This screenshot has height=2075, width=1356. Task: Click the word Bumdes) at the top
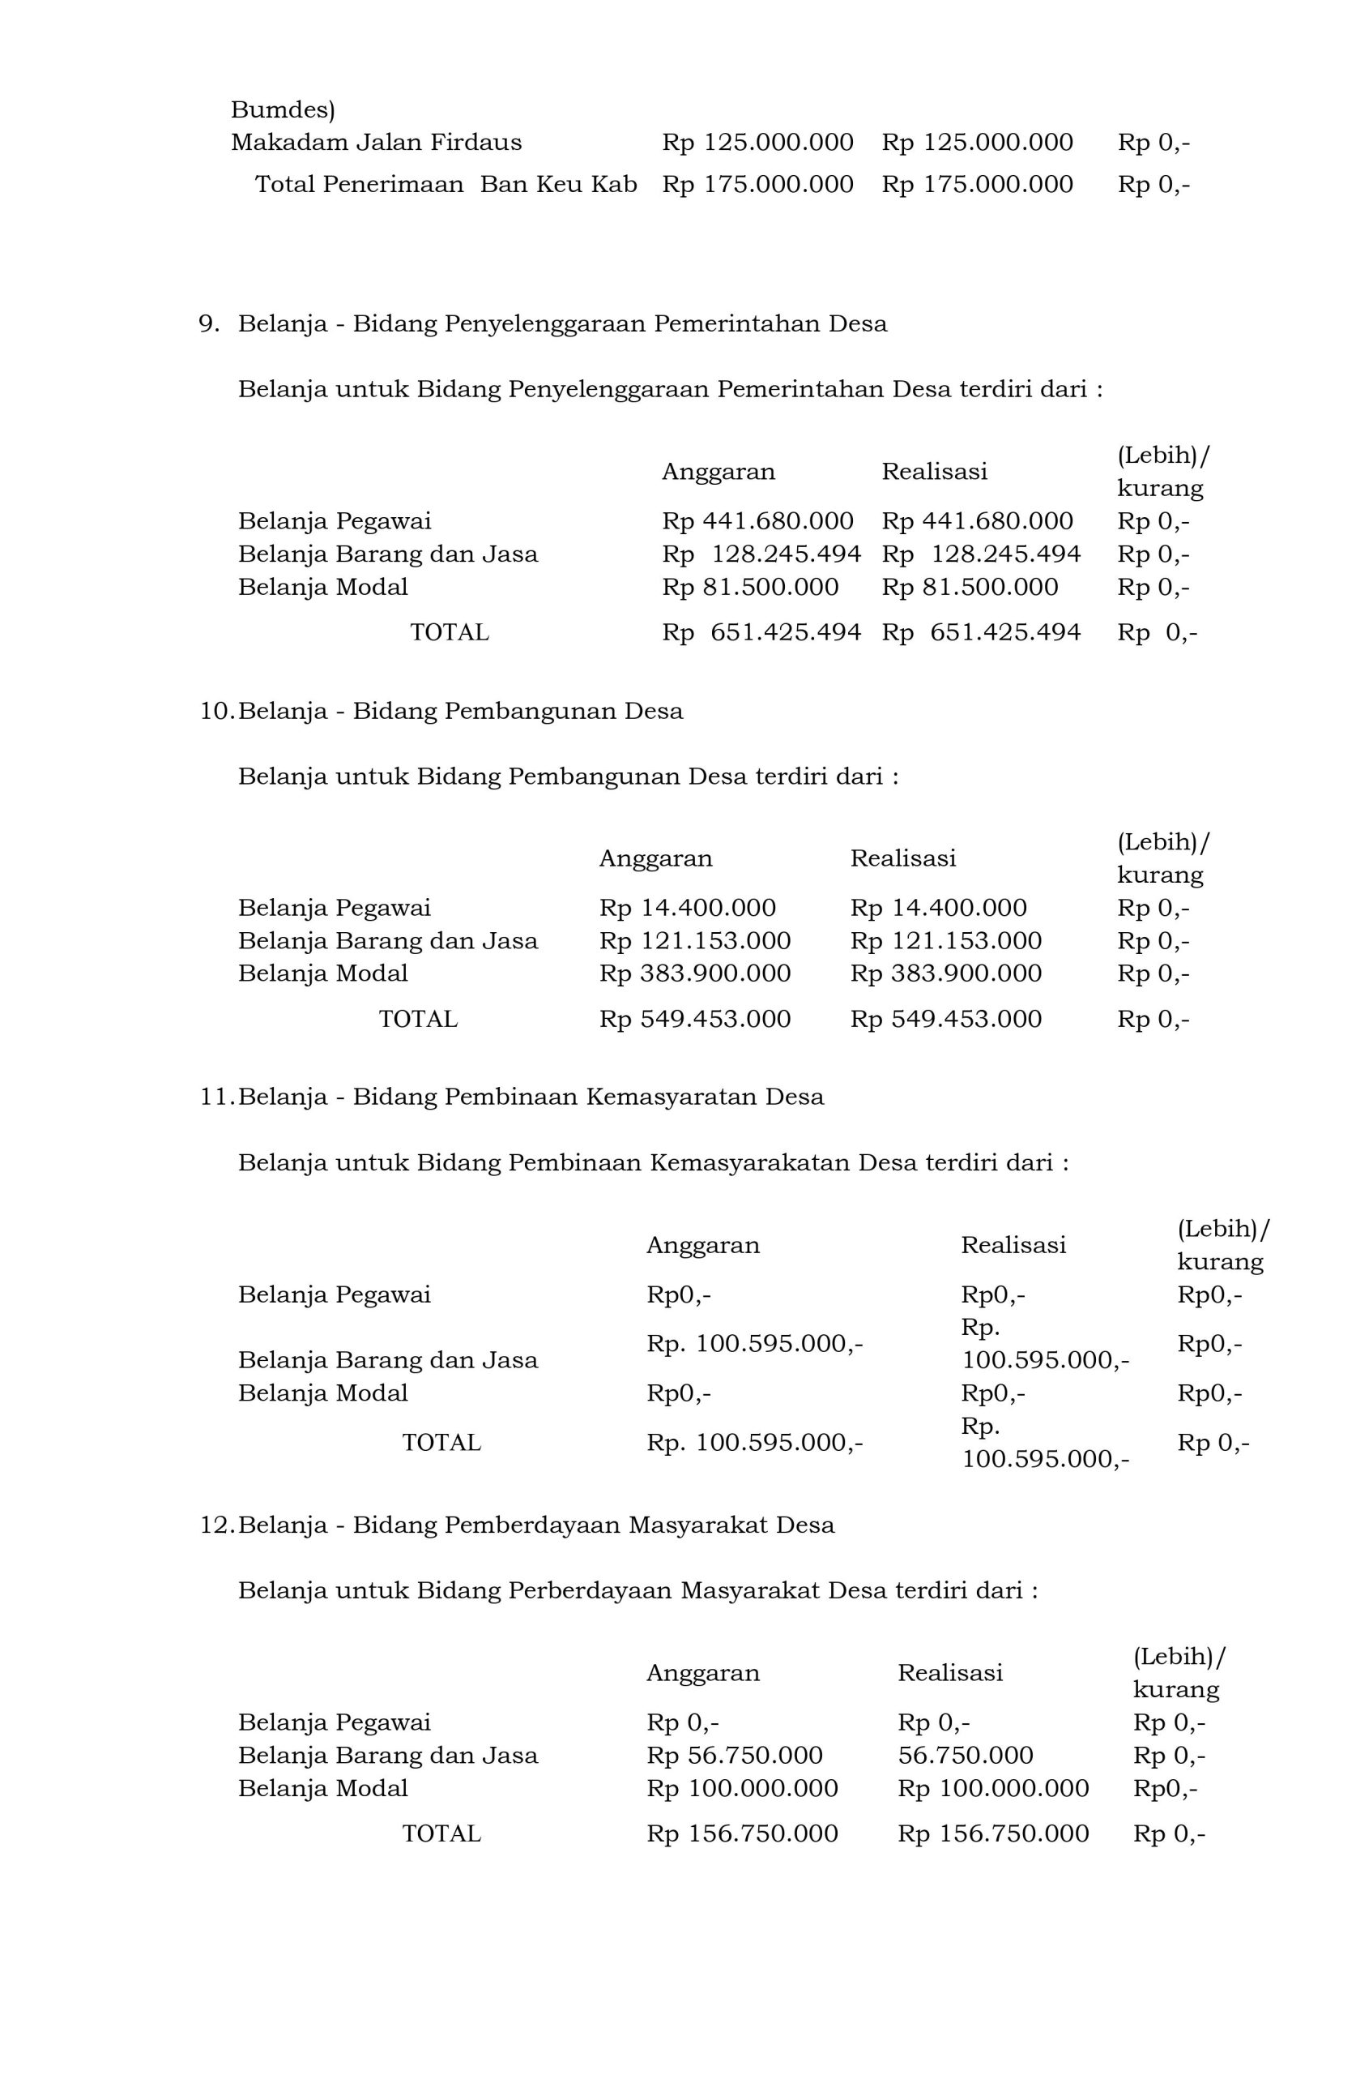pos(283,111)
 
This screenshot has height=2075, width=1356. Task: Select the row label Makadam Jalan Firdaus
pos(376,143)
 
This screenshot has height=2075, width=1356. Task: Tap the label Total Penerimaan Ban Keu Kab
pos(446,185)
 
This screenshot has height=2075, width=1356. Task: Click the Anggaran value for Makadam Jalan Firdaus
pos(757,143)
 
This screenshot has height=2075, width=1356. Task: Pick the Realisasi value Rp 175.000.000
pos(977,185)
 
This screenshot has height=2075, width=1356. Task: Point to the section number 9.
pos(209,324)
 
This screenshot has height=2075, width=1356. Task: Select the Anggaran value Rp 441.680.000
pos(757,521)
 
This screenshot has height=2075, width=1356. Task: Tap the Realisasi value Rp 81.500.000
pos(969,588)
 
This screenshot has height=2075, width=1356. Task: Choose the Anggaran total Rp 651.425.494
pos(761,633)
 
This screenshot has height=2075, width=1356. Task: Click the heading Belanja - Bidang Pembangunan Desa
pos(460,712)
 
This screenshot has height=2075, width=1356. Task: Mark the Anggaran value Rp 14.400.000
pos(687,909)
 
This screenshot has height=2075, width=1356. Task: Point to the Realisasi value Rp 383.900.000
pos(945,973)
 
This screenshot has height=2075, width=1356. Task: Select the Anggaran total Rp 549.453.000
pos(694,1019)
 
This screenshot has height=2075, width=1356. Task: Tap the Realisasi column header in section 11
pos(1013,1245)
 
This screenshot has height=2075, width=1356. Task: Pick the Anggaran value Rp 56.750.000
pos(734,1756)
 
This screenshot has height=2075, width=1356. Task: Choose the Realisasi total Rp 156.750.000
pos(992,1834)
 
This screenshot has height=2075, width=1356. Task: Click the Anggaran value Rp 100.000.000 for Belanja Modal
pos(742,1789)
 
